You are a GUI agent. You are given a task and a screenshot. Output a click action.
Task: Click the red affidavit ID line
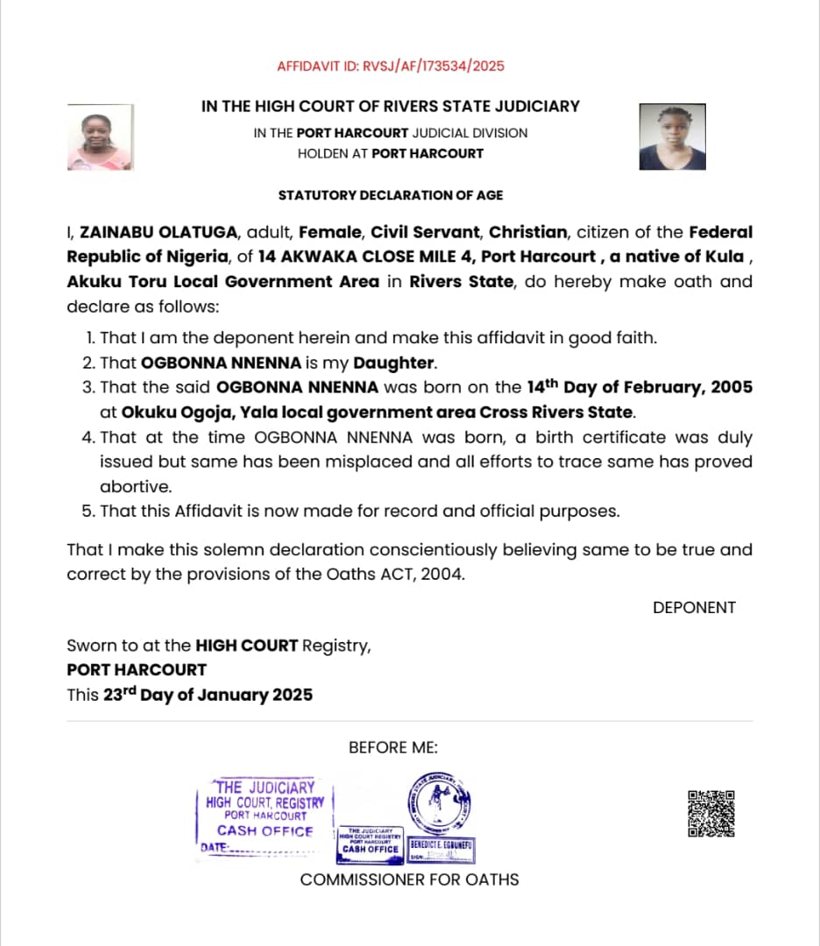[x=391, y=66]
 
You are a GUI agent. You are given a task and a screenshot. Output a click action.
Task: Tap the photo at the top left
[x=100, y=137]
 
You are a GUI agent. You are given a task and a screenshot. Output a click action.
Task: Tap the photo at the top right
[x=672, y=137]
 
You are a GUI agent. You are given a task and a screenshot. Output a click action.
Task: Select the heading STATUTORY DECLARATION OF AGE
[x=391, y=194]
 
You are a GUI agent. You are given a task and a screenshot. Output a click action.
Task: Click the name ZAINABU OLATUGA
[x=159, y=233]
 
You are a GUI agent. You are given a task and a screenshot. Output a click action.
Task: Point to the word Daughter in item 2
[x=393, y=363]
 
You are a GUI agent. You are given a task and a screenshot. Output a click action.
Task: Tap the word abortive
[x=135, y=486]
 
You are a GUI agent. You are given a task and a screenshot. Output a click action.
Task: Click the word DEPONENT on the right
[x=694, y=607]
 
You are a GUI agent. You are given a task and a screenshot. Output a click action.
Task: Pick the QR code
[x=710, y=814]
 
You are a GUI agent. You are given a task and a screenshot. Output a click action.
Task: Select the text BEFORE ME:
[x=393, y=747]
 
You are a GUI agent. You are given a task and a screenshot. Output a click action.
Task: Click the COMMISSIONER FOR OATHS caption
[x=409, y=879]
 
